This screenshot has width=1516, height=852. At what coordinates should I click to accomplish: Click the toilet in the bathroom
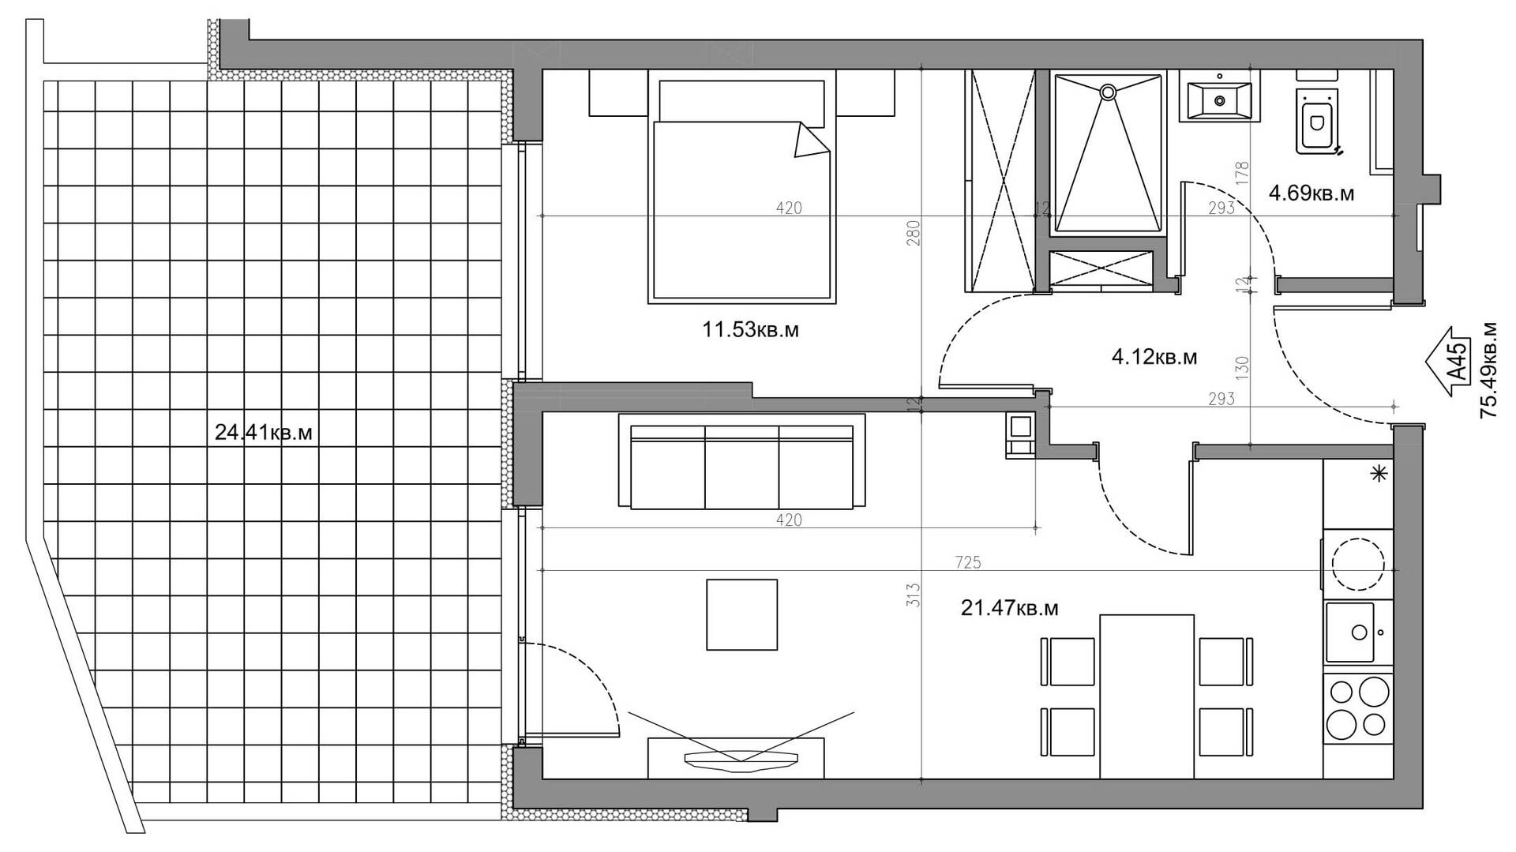pyautogui.click(x=1318, y=118)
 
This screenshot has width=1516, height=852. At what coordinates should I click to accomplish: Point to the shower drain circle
pyautogui.click(x=1109, y=92)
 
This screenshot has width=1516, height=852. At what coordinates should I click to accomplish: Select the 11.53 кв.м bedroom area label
pyautogui.click(x=750, y=329)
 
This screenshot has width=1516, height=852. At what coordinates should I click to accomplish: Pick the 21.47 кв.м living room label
pyautogui.click(x=1009, y=608)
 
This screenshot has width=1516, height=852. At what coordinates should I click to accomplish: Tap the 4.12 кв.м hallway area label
pyautogui.click(x=1154, y=358)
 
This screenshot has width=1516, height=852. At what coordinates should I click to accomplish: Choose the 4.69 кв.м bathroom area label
pyautogui.click(x=1311, y=193)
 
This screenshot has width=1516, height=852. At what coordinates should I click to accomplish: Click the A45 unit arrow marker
pyautogui.click(x=1449, y=362)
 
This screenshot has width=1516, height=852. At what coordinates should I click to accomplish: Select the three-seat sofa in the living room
pyautogui.click(x=742, y=461)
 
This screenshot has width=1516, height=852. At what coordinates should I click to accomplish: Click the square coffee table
pyautogui.click(x=741, y=614)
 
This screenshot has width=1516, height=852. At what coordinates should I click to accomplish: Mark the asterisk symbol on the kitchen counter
pyautogui.click(x=1379, y=474)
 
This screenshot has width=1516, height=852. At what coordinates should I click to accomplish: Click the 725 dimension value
pyautogui.click(x=967, y=562)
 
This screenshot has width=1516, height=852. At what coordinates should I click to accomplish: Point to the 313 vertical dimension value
pyautogui.click(x=914, y=594)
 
